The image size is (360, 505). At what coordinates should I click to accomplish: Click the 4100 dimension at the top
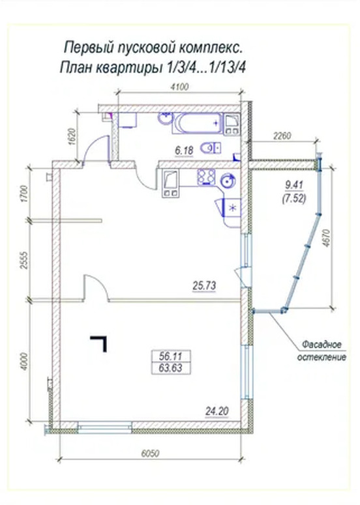click(x=179, y=87)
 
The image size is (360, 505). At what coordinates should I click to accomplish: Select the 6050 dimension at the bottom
click(x=150, y=454)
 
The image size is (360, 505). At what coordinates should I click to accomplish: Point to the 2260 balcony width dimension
click(x=282, y=136)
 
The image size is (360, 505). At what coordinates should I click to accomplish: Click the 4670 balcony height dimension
click(x=327, y=238)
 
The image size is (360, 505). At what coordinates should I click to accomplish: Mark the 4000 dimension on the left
click(x=24, y=362)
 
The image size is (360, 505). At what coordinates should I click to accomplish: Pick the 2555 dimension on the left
click(x=24, y=260)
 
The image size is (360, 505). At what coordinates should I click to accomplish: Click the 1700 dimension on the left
click(x=24, y=194)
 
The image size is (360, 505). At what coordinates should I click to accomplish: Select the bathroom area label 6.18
click(x=184, y=151)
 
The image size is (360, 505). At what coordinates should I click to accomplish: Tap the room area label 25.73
click(x=204, y=285)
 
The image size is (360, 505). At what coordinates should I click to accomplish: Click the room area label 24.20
click(x=217, y=411)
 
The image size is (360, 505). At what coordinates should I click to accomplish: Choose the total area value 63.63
click(x=170, y=368)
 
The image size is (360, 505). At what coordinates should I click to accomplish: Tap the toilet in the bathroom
click(x=211, y=149)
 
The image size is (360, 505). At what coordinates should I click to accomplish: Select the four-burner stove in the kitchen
click(x=206, y=177)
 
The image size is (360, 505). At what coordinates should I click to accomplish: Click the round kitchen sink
click(x=228, y=181)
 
